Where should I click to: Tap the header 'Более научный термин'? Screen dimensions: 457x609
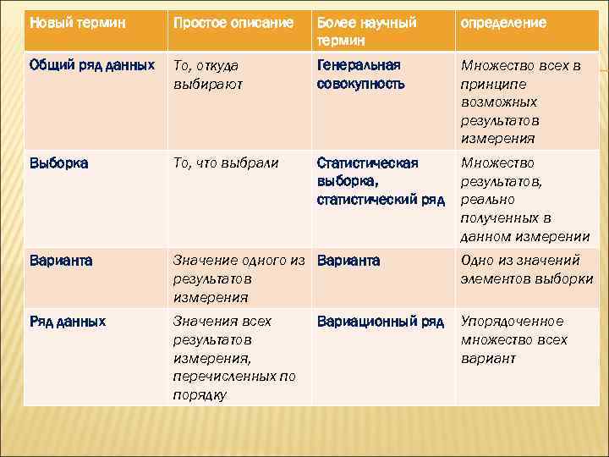[366, 31]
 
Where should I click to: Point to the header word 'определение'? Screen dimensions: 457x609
[503, 23]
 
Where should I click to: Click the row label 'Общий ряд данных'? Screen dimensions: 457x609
[91, 64]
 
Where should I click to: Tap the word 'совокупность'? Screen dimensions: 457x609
[361, 84]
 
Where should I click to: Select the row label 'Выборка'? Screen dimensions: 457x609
[58, 162]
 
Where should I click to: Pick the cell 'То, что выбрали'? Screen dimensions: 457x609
[225, 162]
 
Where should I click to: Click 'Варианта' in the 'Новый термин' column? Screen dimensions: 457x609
[61, 261]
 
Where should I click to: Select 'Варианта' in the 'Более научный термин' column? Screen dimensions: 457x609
[348, 261]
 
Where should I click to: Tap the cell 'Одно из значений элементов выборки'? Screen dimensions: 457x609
[526, 270]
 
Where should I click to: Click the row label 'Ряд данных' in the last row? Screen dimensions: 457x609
[68, 321]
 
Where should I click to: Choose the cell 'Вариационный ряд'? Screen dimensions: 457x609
[380, 321]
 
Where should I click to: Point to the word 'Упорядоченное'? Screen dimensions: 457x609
[512, 321]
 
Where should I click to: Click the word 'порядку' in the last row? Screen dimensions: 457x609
[200, 395]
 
